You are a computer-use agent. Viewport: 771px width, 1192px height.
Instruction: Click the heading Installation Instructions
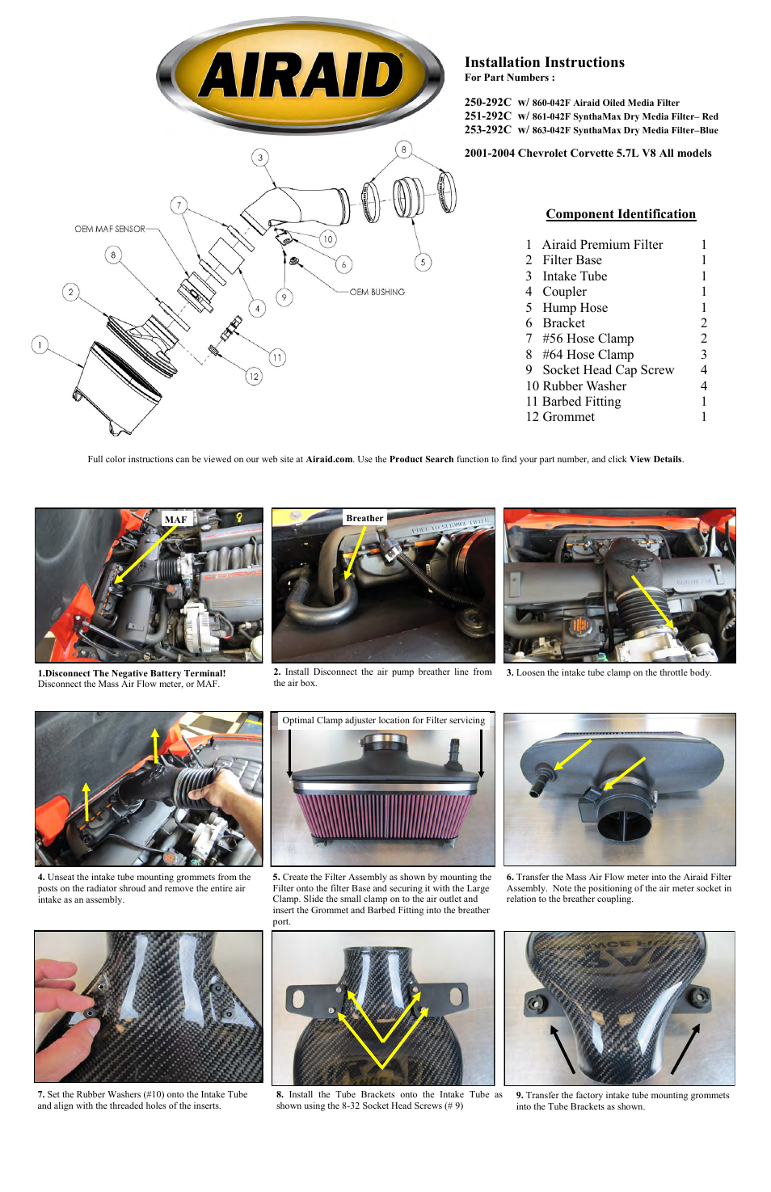click(544, 62)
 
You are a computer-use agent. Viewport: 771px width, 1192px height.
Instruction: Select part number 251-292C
click(487, 116)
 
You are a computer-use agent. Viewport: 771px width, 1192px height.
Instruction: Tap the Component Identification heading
click(620, 214)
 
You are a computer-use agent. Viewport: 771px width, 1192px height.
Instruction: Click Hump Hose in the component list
click(575, 308)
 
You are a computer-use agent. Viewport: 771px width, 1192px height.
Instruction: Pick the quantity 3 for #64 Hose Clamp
click(703, 355)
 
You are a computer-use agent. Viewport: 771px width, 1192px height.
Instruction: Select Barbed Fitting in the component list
click(581, 402)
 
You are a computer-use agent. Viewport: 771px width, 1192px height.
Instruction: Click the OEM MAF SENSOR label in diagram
click(110, 230)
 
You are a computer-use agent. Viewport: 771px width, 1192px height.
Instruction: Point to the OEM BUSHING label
click(377, 293)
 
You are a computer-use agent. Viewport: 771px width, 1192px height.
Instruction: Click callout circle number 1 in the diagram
click(39, 345)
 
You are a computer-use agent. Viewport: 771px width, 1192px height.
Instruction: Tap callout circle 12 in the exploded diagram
click(254, 376)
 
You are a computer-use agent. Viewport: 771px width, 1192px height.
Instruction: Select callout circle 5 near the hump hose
click(422, 262)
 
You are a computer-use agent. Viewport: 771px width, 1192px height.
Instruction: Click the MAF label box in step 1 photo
click(175, 520)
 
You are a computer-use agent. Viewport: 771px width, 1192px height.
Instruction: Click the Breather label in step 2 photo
click(364, 518)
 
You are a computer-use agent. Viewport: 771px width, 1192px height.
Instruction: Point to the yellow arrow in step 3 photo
click(653, 602)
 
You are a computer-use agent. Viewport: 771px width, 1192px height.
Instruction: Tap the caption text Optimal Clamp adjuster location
click(383, 720)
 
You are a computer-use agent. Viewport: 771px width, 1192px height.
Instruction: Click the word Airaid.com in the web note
click(329, 459)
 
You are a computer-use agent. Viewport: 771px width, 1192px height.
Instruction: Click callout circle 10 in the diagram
click(327, 239)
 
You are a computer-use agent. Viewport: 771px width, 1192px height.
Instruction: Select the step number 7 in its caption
click(40, 1095)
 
